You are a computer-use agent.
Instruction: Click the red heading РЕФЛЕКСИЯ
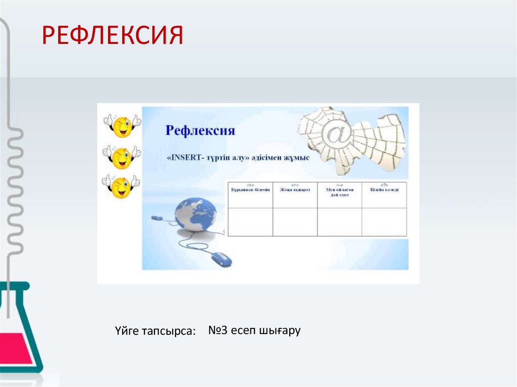[112, 36]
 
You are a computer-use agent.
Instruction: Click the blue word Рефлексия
[200, 131]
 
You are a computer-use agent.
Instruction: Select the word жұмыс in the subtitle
[295, 158]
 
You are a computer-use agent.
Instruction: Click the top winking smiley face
[122, 126]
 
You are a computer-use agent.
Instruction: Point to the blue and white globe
[195, 214]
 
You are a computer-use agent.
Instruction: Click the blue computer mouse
[221, 259]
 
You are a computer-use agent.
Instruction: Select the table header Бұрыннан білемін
[250, 189]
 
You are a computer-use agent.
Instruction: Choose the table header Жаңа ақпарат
[295, 189]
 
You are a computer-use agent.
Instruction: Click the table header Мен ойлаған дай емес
[339, 192]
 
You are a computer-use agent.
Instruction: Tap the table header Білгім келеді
[384, 189]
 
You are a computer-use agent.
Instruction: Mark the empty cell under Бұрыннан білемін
[250, 222]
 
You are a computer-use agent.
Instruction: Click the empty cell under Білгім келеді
[384, 222]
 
